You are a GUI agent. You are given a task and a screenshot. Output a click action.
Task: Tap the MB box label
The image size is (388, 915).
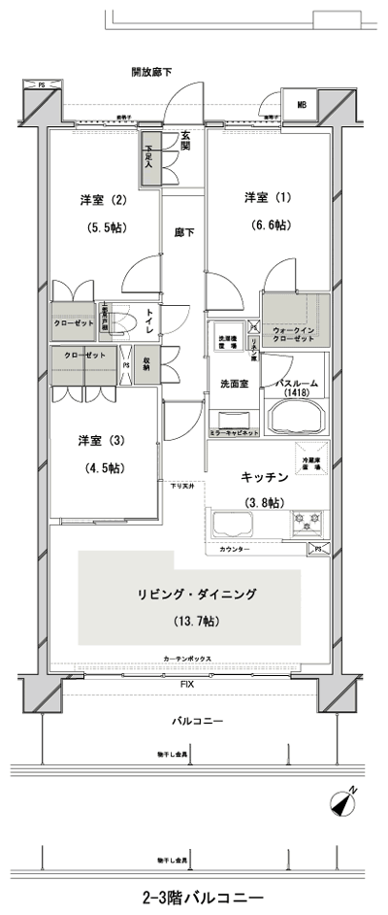click(x=302, y=105)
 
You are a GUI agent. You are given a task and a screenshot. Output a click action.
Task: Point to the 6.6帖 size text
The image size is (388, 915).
click(x=268, y=225)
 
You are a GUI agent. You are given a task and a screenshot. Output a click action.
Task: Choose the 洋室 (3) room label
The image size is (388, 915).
click(x=102, y=440)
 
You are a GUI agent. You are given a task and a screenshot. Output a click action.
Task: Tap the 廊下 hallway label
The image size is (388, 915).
click(x=183, y=232)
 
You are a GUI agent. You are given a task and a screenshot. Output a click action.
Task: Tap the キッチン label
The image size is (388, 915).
click(x=262, y=477)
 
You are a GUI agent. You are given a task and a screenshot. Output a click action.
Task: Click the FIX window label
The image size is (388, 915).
click(x=185, y=685)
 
